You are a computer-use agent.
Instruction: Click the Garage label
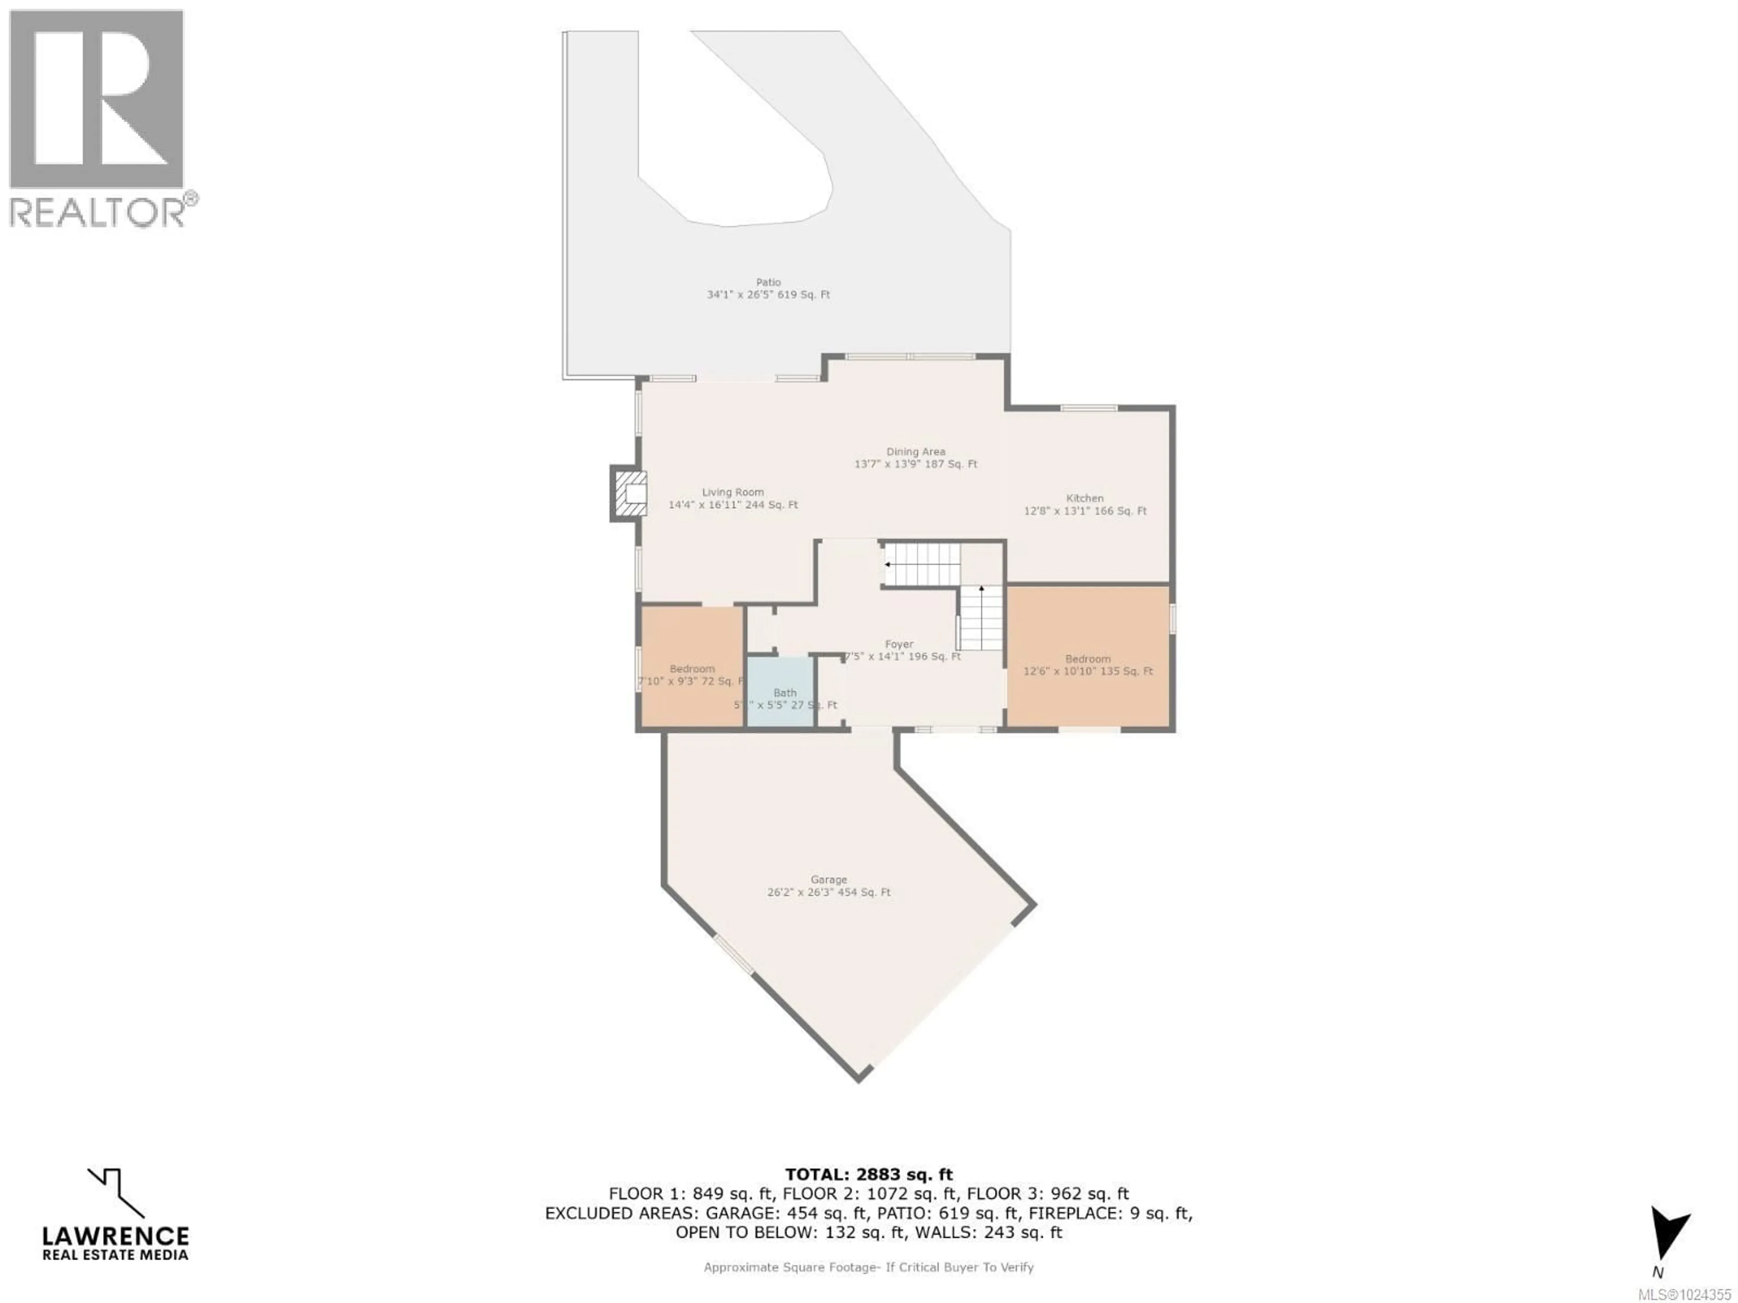(828, 886)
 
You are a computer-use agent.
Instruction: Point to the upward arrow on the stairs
(981, 589)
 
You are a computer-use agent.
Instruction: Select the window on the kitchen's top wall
(1088, 408)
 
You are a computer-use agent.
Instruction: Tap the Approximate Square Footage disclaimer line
(868, 1267)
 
